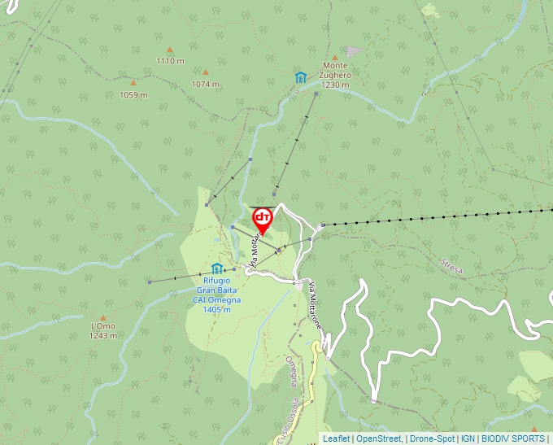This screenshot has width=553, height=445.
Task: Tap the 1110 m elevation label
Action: [169, 61]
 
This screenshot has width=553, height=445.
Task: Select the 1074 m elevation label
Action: [205, 84]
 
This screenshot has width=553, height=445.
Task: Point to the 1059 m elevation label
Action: [133, 94]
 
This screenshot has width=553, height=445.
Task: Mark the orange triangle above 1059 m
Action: [133, 83]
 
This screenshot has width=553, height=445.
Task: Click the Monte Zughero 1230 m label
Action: [335, 75]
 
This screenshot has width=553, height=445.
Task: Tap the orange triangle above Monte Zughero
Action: [334, 57]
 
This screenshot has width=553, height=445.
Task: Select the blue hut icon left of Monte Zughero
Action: [301, 77]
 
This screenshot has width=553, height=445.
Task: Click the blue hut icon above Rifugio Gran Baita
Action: [217, 268]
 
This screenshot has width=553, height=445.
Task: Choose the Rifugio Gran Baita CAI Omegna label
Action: [217, 294]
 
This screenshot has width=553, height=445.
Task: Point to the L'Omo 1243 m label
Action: [102, 330]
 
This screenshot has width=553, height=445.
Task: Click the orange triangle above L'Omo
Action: [102, 318]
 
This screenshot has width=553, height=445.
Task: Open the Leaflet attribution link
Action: [336, 438]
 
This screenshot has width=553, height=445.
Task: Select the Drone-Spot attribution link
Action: [432, 438]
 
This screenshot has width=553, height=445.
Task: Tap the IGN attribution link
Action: [468, 438]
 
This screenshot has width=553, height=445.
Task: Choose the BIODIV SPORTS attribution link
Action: [512, 438]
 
